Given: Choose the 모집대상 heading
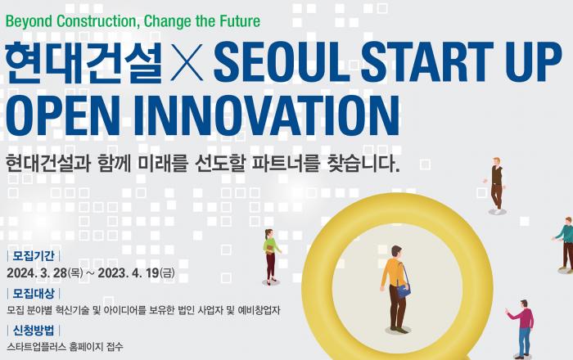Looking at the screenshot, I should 33,292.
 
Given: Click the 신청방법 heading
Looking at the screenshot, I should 33,330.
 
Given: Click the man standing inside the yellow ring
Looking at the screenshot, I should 395,282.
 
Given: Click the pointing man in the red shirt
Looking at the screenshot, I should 522,323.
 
